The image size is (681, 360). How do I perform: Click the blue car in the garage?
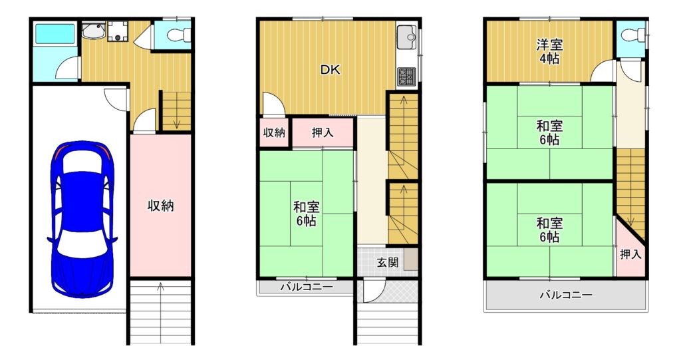[82, 219]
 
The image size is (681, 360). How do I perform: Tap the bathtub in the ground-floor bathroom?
[55, 33]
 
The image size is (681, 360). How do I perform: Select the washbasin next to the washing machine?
[92, 31]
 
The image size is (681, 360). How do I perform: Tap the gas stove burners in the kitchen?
[406, 77]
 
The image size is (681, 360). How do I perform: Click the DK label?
[331, 70]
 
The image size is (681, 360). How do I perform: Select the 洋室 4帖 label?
[549, 51]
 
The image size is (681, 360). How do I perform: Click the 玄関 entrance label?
[388, 262]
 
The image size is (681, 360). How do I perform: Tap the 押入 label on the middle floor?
[323, 132]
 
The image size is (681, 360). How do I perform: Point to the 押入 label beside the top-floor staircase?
[630, 254]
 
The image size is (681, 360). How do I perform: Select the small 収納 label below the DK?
[275, 132]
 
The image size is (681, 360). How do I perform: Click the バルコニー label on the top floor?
[567, 295]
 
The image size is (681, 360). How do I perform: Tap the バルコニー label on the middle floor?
[307, 287]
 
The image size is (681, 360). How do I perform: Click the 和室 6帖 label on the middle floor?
[307, 214]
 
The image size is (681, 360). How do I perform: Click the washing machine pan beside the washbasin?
[117, 32]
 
